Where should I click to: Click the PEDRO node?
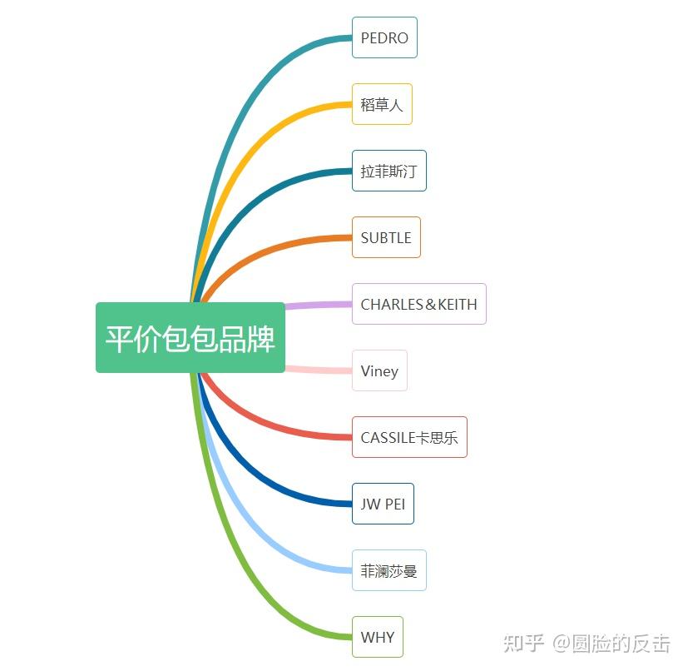(384, 37)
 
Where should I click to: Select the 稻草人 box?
(382, 104)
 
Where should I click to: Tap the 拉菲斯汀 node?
(389, 171)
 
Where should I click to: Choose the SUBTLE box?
(386, 237)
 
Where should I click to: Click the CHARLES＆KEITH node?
(418, 304)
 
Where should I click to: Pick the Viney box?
(379, 370)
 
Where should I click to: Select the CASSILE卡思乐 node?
(409, 437)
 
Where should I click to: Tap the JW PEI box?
(383, 504)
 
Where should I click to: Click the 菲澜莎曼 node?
(389, 570)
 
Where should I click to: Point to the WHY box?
(377, 637)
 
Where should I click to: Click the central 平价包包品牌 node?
(191, 338)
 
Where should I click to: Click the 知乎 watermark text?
(524, 643)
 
